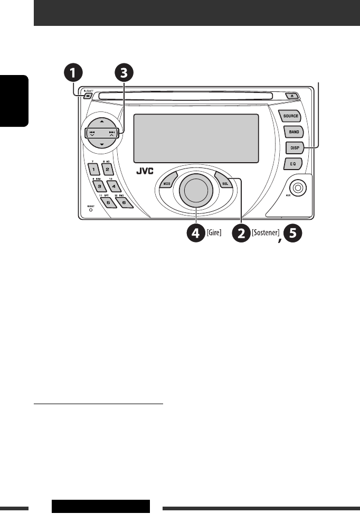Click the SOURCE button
tap(290, 116)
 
